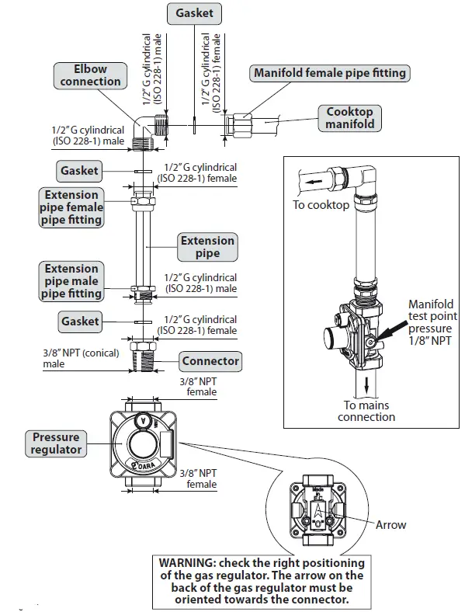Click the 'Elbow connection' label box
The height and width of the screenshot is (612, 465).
(90, 75)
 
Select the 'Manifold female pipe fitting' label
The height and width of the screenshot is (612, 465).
(330, 74)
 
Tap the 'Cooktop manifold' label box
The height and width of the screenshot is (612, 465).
(349, 118)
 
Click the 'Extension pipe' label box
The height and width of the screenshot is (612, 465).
(207, 247)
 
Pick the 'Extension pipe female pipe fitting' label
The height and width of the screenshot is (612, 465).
(71, 207)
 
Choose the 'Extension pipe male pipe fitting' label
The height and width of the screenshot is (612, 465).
(71, 281)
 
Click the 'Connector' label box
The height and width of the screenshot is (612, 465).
(210, 361)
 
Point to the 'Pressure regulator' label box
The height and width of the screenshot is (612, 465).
(56, 444)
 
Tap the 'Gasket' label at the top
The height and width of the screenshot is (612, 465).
(194, 13)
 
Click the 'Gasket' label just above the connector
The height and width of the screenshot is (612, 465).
(80, 321)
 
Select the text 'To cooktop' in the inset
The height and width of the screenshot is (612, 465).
(321, 205)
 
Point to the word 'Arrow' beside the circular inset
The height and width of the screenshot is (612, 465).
(390, 524)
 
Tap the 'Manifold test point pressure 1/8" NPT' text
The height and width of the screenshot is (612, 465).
(432, 322)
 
